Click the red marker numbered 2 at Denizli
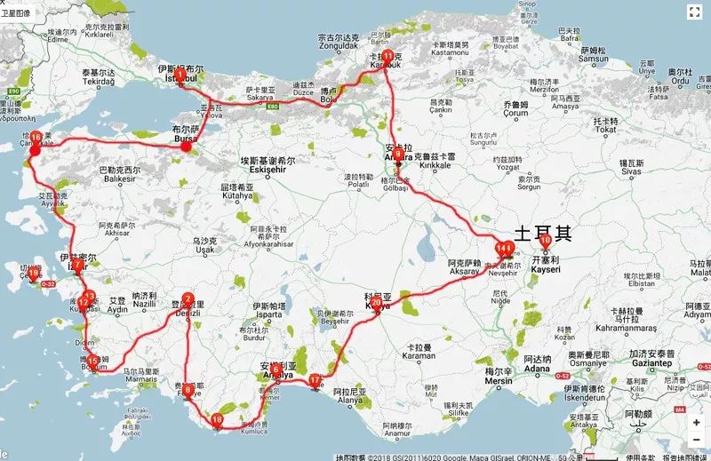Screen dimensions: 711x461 [188, 300]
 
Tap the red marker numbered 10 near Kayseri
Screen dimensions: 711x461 [545, 239]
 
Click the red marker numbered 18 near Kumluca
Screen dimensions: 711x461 [218, 420]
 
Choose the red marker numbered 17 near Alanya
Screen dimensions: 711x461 [316, 381]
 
